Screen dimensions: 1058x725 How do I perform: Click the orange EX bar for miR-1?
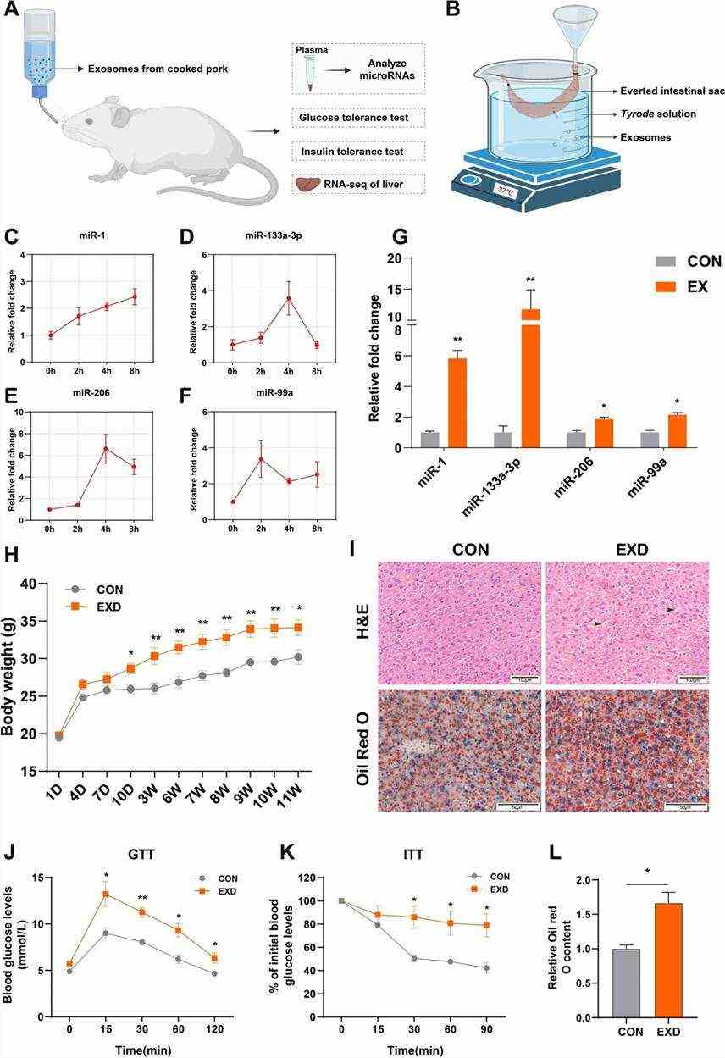[x=457, y=402]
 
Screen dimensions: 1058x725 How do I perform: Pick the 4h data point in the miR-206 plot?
[x=106, y=448]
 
